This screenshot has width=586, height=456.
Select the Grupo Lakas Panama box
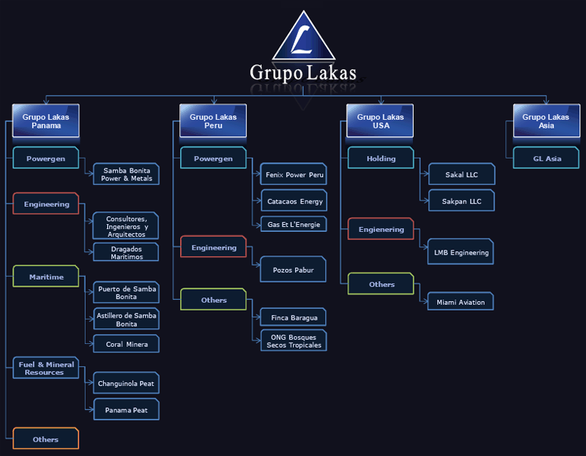point(46,121)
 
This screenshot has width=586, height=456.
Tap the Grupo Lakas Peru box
point(213,121)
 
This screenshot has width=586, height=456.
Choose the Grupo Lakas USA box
point(380,121)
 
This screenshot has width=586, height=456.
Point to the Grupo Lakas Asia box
point(547,121)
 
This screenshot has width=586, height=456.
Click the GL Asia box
point(547,158)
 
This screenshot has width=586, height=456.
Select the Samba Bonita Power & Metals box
point(126,174)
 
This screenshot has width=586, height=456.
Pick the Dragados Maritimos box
point(126,252)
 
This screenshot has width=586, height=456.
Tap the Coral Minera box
point(126,344)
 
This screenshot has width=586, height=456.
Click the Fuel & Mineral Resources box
point(46,368)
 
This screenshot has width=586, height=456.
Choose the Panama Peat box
point(126,410)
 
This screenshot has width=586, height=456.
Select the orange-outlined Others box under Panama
point(46,438)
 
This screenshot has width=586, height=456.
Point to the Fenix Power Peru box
point(294,174)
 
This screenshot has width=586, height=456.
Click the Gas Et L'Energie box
point(294,224)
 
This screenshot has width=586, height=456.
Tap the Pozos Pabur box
point(294,270)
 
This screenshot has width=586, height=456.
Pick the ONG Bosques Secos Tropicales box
point(294,340)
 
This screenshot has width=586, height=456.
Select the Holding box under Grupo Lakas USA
point(381,158)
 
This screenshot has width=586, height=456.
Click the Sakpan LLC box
point(462,201)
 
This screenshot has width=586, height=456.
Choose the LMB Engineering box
point(461,252)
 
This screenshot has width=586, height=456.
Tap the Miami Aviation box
point(461,302)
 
